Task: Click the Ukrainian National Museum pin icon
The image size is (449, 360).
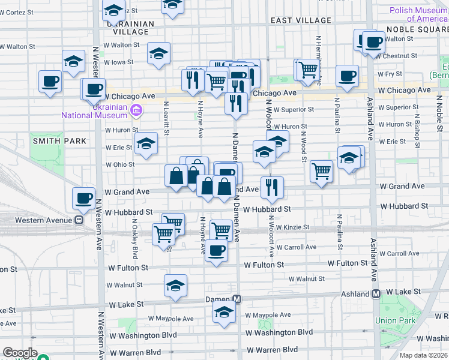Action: (136, 110)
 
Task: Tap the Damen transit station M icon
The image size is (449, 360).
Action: (237, 299)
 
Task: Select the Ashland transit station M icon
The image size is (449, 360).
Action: (376, 294)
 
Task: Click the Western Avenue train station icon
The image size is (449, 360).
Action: (79, 220)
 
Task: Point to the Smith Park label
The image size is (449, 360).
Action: (59, 141)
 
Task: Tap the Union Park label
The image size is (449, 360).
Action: (395, 320)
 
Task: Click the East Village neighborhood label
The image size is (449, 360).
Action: (301, 20)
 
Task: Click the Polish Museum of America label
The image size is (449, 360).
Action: (418, 14)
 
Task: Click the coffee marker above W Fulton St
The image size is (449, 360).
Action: (217, 250)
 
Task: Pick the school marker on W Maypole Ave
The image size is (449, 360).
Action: (224, 311)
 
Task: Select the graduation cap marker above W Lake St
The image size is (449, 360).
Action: (175, 285)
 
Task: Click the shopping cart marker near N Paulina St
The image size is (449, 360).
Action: (322, 171)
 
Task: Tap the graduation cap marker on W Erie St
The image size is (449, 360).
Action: (145, 143)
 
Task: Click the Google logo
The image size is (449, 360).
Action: (20, 353)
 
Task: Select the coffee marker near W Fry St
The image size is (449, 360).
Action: (347, 76)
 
